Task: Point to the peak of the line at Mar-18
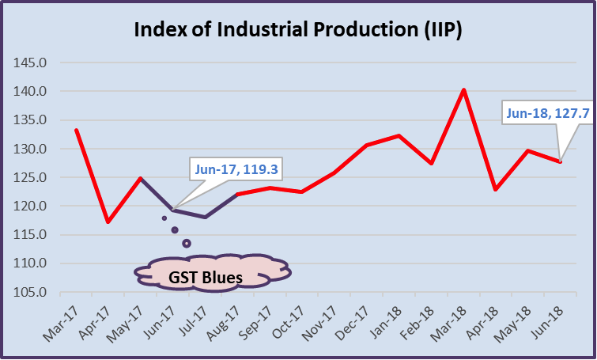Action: tap(463, 89)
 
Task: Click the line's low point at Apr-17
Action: tap(108, 222)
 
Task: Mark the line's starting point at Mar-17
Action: tap(76, 130)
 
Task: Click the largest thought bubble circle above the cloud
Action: tap(187, 243)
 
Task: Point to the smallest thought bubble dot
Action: tap(164, 218)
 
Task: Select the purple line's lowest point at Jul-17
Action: tap(206, 217)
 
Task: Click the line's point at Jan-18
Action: tap(399, 135)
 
